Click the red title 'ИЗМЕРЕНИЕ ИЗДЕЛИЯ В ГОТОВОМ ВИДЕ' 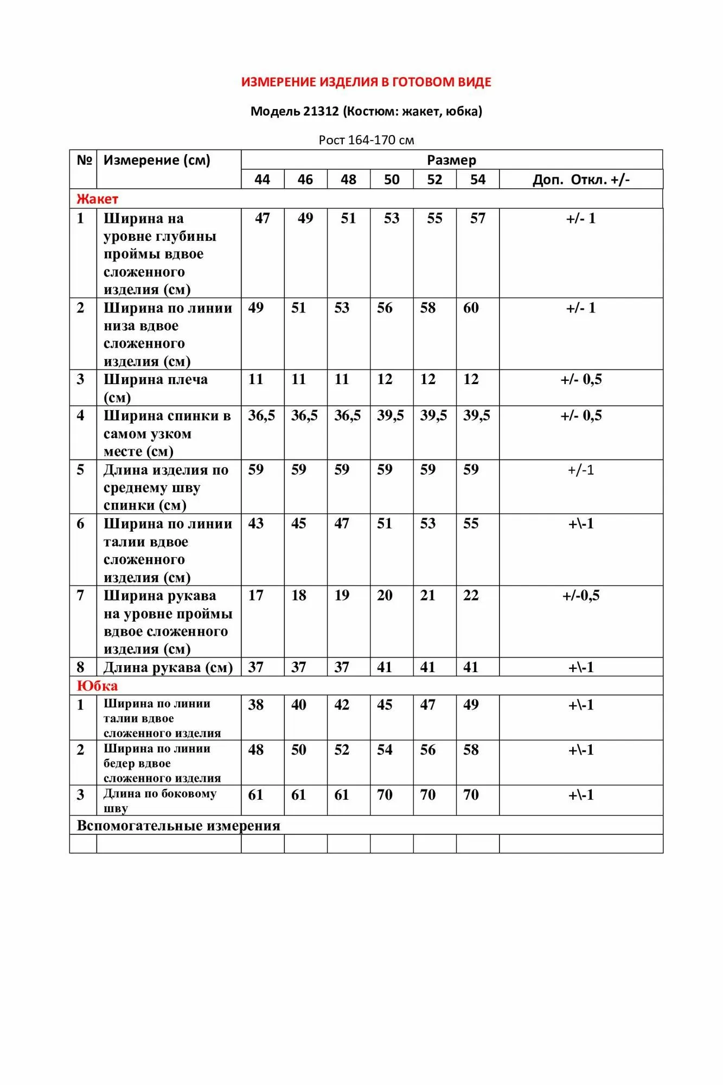[x=366, y=82]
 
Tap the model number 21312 [x=321, y=111]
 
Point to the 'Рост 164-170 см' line [x=366, y=140]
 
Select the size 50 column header [x=392, y=180]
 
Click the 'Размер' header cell [x=451, y=160]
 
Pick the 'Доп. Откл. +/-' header [x=581, y=180]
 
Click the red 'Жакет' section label [x=97, y=199]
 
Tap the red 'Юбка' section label [x=97, y=686]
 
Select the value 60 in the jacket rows [x=471, y=308]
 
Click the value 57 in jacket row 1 [x=477, y=219]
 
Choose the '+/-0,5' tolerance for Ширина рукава [x=581, y=596]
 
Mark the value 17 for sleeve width [x=255, y=596]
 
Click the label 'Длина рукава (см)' [x=168, y=667]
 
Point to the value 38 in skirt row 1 [x=255, y=705]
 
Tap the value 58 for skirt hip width [x=471, y=750]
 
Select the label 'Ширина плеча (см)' [x=155, y=388]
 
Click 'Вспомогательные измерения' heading [x=178, y=826]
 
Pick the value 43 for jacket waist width [x=255, y=524]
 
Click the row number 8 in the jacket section [x=80, y=667]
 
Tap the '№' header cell [x=84, y=160]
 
